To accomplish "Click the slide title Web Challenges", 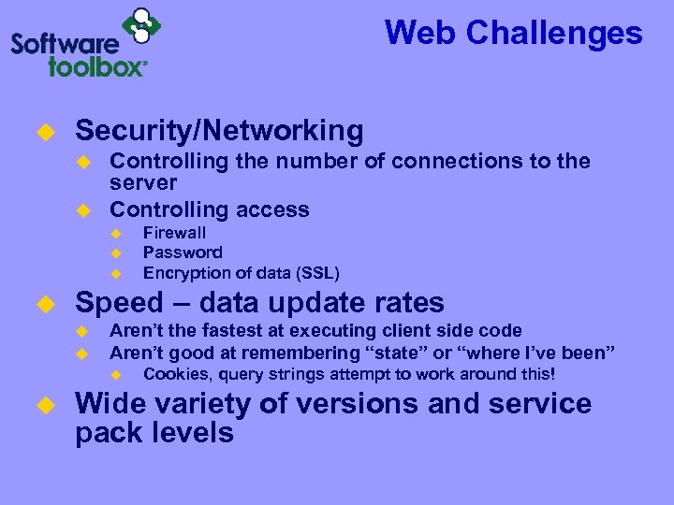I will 513,34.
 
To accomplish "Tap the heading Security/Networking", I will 219,130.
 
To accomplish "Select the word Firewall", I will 174,233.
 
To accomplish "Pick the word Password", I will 183,252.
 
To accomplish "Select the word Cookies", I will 174,374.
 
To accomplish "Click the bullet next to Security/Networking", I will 42,131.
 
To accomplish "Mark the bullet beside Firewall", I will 117,233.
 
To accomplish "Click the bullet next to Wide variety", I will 42,405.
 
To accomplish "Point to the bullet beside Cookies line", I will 117,374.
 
